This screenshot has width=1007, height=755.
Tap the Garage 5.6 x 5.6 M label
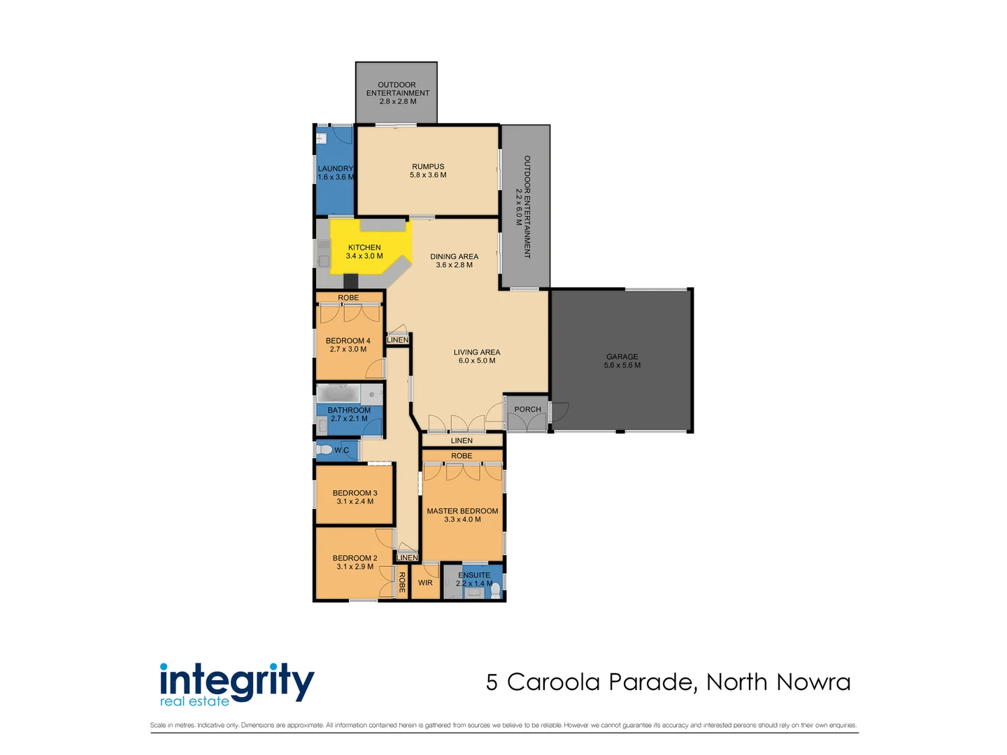tap(622, 361)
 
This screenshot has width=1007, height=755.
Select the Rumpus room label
tap(428, 171)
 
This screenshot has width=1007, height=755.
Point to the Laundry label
tap(336, 173)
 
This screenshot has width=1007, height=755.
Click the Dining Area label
tap(454, 261)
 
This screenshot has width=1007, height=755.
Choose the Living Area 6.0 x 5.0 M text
tap(476, 357)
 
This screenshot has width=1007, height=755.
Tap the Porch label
tap(527, 410)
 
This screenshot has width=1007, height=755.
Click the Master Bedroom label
tap(462, 515)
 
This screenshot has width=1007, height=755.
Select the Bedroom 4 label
tap(348, 345)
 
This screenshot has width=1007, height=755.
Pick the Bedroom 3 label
tap(355, 497)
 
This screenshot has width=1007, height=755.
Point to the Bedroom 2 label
tap(355, 562)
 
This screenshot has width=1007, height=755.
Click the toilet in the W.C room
tap(324, 450)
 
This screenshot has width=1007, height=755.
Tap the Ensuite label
tap(474, 579)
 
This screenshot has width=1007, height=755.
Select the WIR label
tap(425, 583)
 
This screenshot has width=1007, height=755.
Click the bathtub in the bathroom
tap(339, 394)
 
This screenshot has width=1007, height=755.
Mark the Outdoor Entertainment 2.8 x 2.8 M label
tap(397, 93)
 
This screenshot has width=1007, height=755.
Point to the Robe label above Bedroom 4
tap(348, 298)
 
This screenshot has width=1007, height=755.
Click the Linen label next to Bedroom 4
tap(397, 340)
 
